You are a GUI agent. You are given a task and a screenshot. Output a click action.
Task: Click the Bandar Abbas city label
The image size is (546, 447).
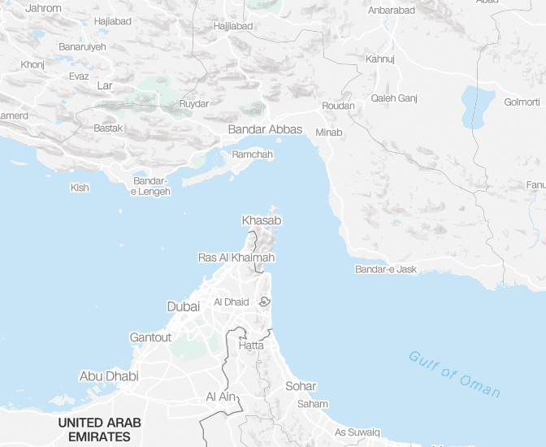tap(265, 129)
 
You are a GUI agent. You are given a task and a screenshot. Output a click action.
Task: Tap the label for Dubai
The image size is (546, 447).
tap(183, 306)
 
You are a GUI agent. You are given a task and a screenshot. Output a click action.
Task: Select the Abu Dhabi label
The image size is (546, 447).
tap(109, 376)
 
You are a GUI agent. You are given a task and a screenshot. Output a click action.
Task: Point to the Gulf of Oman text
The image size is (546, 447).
tap(454, 373)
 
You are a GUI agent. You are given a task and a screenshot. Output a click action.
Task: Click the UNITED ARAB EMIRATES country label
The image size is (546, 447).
tap(99, 429)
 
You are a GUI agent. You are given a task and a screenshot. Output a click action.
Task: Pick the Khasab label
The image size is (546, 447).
tap(262, 220)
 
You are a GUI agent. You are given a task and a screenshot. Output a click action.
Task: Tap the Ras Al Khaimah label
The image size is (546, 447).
tap(236, 258)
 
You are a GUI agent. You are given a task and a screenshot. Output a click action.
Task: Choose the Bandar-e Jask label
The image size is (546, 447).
tap(386, 269)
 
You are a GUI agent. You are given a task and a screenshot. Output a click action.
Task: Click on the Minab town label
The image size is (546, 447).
tap(329, 132)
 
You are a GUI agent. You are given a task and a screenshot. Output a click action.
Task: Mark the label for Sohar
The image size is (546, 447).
tap(301, 386)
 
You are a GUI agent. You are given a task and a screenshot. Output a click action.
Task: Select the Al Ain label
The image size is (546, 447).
tap(220, 397)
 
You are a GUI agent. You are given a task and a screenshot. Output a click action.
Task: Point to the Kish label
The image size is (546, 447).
tap(80, 188)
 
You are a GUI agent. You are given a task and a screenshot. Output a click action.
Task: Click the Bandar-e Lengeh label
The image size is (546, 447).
tap(152, 186)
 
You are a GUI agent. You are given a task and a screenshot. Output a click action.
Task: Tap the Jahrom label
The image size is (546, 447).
tap(44, 7)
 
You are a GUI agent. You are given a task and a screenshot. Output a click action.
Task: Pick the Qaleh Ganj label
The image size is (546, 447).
tap(394, 98)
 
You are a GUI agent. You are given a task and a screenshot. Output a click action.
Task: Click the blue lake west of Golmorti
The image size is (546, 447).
tap(478, 106)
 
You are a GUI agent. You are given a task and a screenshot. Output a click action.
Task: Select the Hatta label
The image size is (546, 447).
tap(251, 345)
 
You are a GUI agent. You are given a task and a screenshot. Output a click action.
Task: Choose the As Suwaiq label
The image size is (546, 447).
tap(357, 432)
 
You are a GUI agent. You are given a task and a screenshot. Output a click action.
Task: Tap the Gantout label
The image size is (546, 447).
tap(151, 337)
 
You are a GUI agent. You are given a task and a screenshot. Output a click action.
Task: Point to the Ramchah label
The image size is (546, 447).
tap(253, 154)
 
